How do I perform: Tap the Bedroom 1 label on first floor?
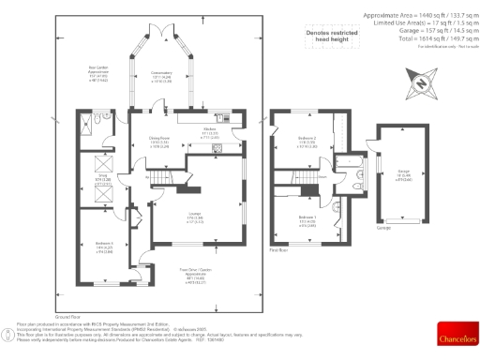307,219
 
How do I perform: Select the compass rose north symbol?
421,85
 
